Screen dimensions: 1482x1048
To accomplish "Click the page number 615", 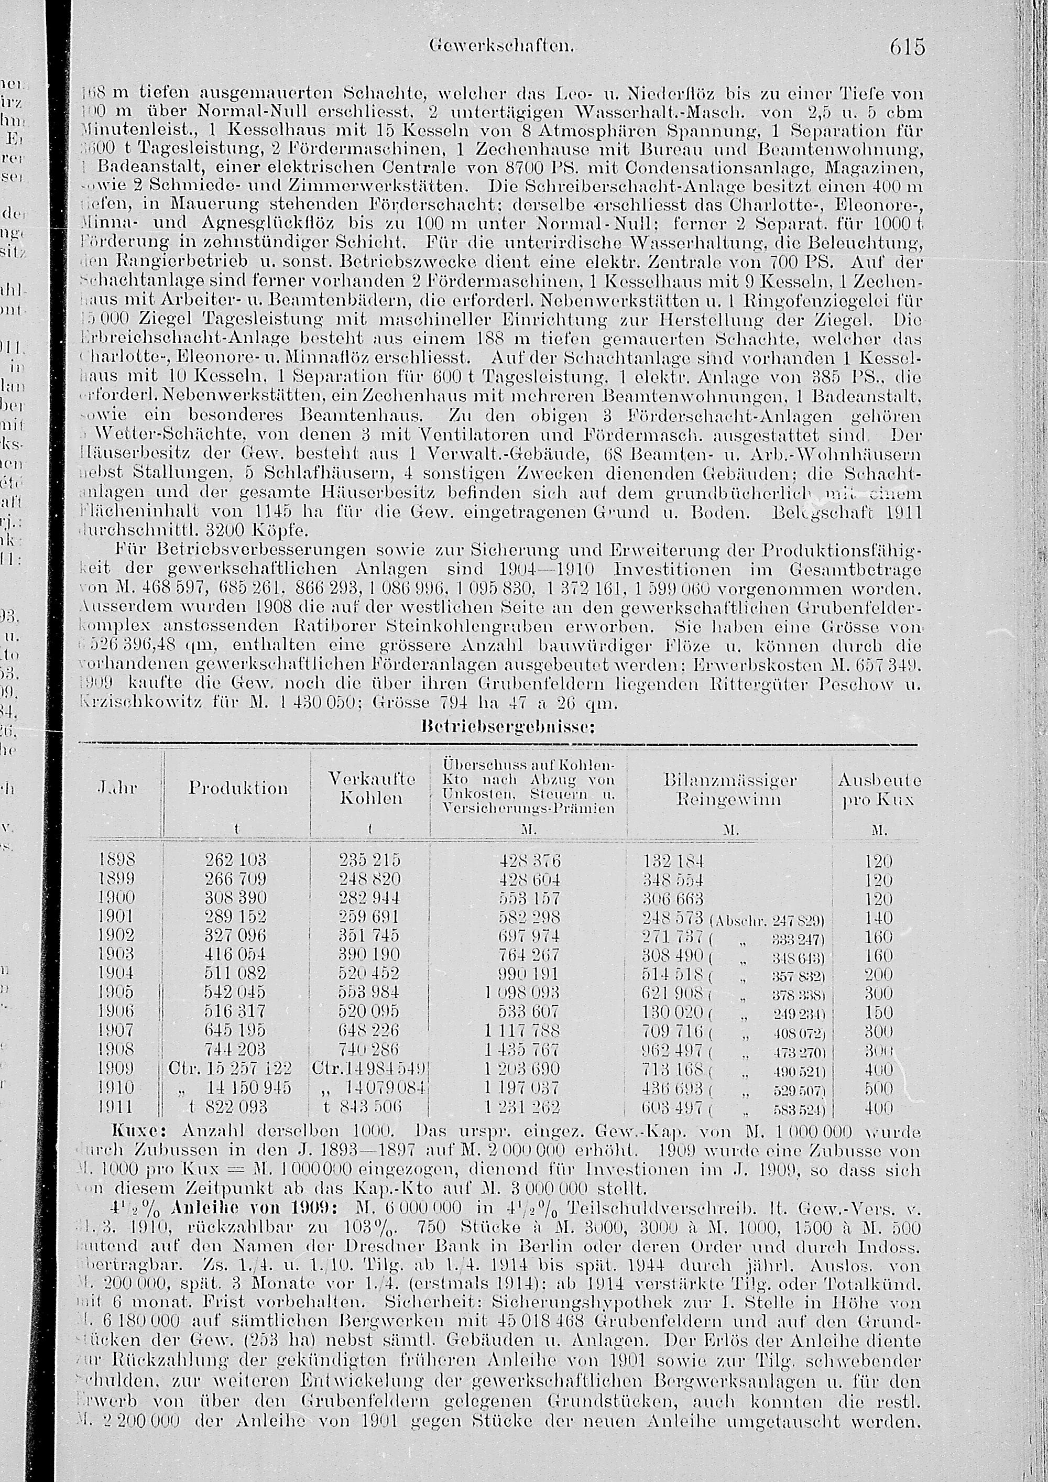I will (x=907, y=47).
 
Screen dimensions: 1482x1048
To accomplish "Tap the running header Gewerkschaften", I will (x=501, y=47).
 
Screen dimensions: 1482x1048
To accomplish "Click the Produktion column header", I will (x=237, y=788).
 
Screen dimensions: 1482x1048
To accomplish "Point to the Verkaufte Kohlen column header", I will (x=371, y=788).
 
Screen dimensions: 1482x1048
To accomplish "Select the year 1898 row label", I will (x=117, y=860).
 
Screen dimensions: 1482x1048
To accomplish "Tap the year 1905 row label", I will (x=117, y=992).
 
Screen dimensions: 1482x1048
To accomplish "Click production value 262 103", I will (x=235, y=860).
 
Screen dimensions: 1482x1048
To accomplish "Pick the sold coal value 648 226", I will (x=370, y=1030).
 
